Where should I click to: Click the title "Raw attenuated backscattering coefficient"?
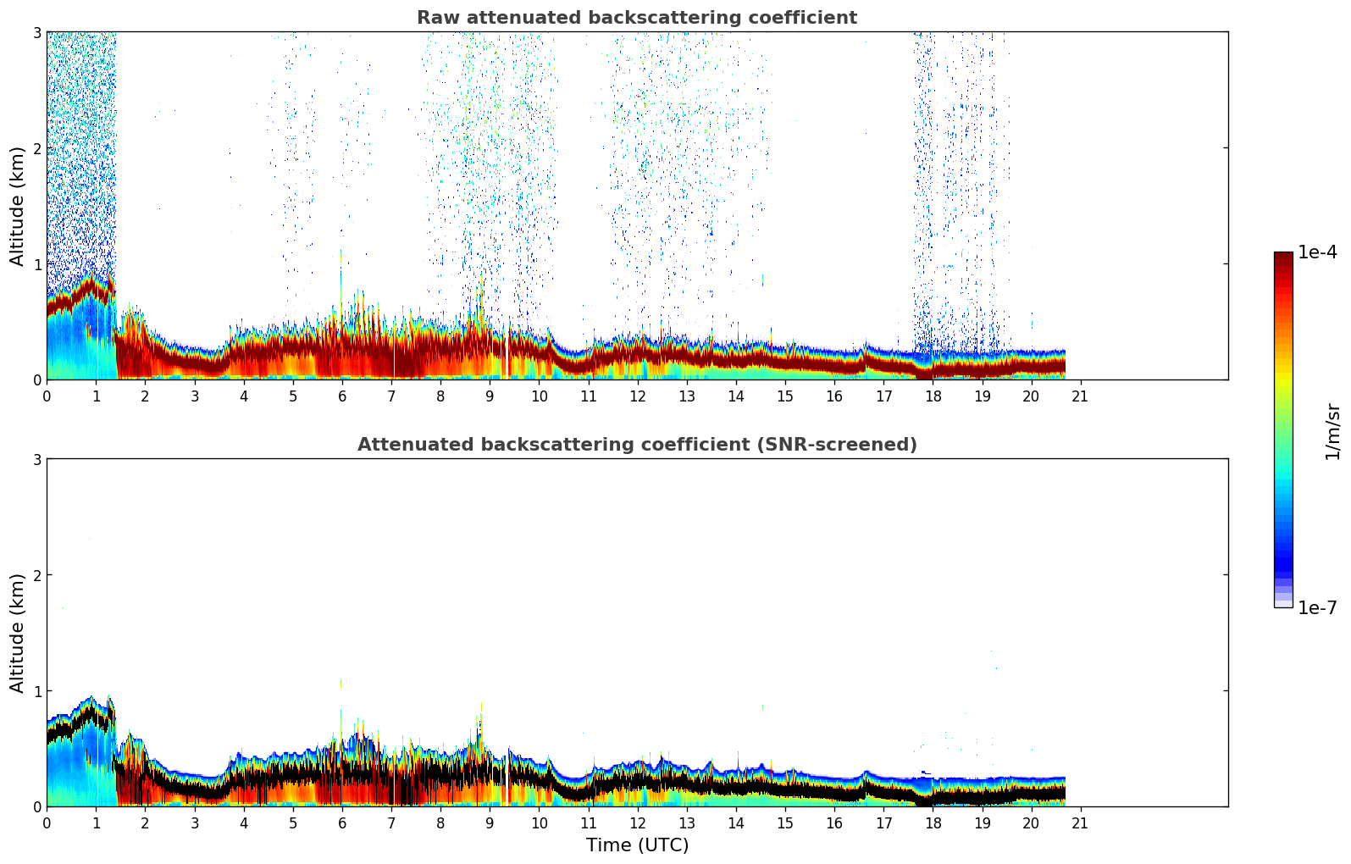point(636,18)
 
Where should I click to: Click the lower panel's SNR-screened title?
point(636,445)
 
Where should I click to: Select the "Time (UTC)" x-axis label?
point(637,845)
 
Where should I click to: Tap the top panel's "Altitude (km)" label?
point(17,206)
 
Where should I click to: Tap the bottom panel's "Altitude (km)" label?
point(17,633)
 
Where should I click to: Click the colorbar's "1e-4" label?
point(1317,252)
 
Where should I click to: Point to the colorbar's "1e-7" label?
point(1317,607)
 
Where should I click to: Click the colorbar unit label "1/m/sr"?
point(1332,431)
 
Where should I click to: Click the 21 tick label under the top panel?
point(1080,396)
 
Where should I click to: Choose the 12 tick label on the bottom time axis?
point(637,822)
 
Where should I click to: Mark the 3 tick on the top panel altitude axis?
point(37,32)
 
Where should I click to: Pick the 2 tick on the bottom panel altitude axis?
point(37,575)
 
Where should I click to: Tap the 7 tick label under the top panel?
point(391,396)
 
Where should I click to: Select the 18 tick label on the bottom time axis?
point(933,822)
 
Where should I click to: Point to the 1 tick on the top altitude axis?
point(37,264)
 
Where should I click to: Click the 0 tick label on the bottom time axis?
point(47,822)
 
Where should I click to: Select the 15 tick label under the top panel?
point(785,396)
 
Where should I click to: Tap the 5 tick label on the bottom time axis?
point(293,822)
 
